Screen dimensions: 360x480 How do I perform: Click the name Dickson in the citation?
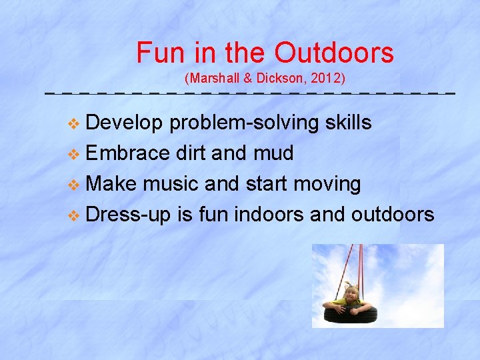coord(278,79)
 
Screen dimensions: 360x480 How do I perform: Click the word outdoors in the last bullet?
coord(393,214)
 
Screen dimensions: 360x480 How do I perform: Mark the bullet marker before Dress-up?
coord(74,215)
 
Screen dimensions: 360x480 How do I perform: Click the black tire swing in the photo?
coord(351,314)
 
